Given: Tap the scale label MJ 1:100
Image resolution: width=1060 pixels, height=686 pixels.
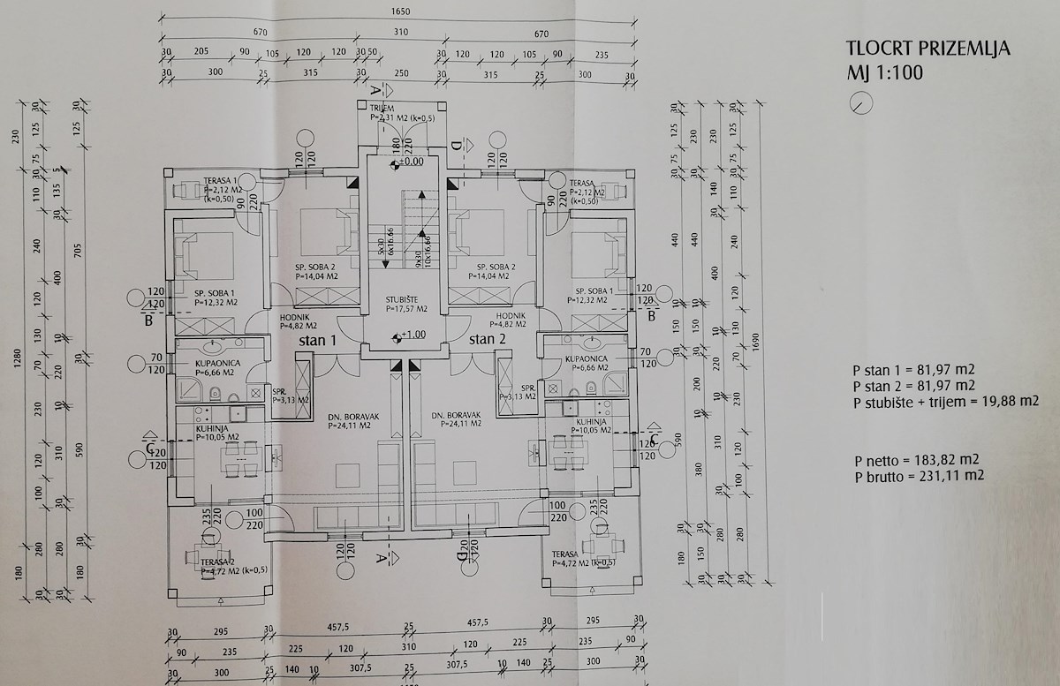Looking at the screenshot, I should click(885, 72).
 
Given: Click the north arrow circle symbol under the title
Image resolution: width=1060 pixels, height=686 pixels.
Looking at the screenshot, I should click(859, 103).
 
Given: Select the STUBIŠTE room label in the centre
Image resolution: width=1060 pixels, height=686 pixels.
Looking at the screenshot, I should click(406, 300).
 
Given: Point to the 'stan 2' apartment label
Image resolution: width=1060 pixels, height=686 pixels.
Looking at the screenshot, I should click(488, 339).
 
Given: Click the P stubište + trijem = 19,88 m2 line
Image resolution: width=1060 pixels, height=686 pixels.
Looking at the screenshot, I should click(944, 403).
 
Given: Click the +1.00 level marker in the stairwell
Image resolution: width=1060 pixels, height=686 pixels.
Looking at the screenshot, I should click(412, 335).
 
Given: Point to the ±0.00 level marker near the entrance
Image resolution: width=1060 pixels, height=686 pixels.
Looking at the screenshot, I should click(408, 162).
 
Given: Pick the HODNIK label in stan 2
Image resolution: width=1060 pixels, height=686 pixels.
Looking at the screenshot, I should click(511, 315).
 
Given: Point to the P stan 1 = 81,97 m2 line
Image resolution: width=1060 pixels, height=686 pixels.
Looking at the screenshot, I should click(913, 371).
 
